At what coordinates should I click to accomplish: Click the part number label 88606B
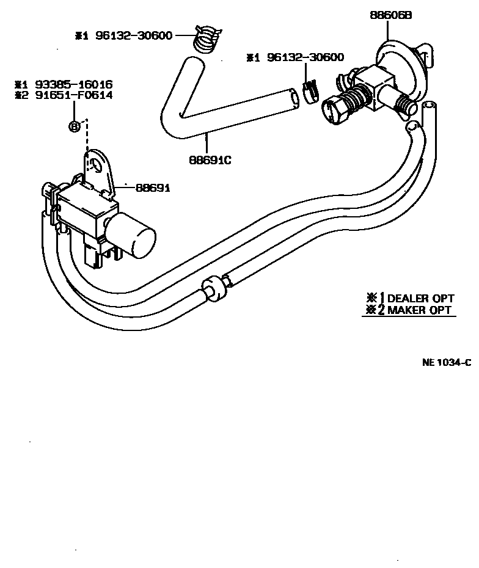pyautogui.click(x=391, y=16)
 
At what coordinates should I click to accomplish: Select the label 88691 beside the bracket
pyautogui.click(x=153, y=188)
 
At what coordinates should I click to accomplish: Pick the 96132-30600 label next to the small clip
pyautogui.click(x=303, y=57)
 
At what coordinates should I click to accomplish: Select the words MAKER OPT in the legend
pyautogui.click(x=419, y=310)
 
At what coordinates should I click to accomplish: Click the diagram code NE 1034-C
pyautogui.click(x=447, y=362)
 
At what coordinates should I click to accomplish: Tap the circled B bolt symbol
pyautogui.click(x=75, y=126)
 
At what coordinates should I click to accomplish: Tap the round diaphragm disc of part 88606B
pyautogui.click(x=397, y=58)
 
